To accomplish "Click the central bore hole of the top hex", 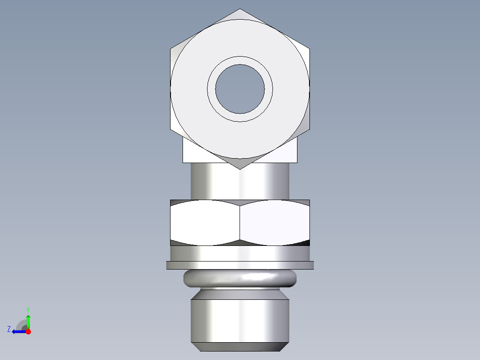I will coord(240,89).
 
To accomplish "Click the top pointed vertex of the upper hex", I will coord(240,9).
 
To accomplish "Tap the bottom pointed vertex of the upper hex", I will coord(240,168).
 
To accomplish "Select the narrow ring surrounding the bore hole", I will coord(240,61).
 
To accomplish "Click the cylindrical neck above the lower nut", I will coord(240,182).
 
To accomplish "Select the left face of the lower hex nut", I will coord(205,222).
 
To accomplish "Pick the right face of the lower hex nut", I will coord(274,222).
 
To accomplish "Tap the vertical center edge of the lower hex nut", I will coord(240,222).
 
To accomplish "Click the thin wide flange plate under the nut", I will coord(240,265).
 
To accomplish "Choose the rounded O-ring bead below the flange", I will coord(240,278).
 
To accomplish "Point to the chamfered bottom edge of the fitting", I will coord(240,347).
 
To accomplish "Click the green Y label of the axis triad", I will coord(28,309).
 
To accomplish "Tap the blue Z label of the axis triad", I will coord(9,329).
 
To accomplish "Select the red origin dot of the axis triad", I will coord(28,331).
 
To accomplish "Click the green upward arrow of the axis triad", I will coord(28,321).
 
